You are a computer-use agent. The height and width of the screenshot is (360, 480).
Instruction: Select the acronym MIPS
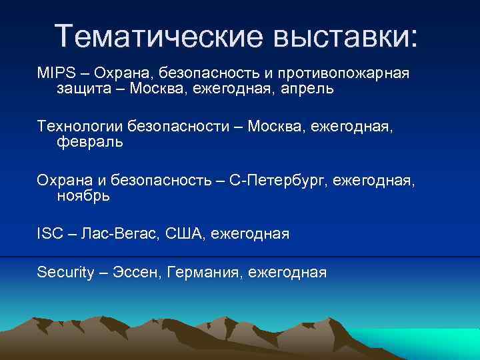click(56, 72)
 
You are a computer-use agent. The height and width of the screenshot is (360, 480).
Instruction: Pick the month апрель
click(304, 89)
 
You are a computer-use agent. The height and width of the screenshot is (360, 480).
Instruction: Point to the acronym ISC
click(50, 234)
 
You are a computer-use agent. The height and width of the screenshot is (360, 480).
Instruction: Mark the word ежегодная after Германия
click(287, 272)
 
